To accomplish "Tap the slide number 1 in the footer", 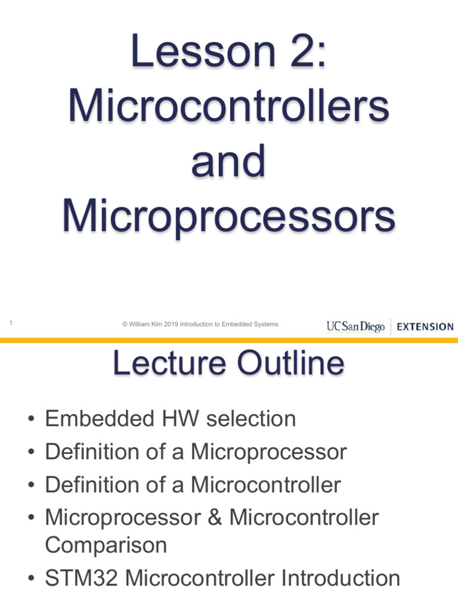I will (11, 323).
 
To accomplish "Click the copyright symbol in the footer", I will (125, 325).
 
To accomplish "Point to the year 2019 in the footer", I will (171, 325).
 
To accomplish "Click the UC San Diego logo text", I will (355, 326).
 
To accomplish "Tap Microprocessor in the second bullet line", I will (268, 452).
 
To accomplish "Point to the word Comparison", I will (106, 545).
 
